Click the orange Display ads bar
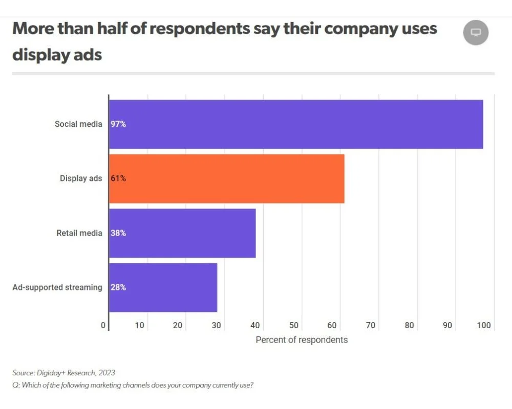point(226,178)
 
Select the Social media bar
point(296,124)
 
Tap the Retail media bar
point(182,233)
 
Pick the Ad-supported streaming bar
point(163,287)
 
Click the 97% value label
point(118,124)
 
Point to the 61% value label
point(118,178)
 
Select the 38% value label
point(118,233)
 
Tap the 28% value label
point(118,287)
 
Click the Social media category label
point(78,124)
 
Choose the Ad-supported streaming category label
point(57,287)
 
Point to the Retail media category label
point(79,233)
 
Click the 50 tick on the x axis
point(294,326)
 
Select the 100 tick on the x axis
point(484,326)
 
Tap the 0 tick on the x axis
point(103,326)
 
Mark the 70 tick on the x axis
point(371,326)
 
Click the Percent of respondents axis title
point(302,340)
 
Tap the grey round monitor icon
point(476,33)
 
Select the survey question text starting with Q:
point(133,385)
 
